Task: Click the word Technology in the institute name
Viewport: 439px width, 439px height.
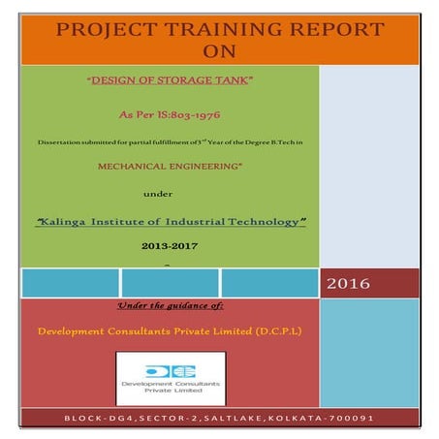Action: pyautogui.click(x=264, y=222)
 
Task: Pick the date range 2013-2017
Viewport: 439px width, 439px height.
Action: pyautogui.click(x=170, y=248)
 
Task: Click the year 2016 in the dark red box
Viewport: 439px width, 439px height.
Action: pyautogui.click(x=351, y=284)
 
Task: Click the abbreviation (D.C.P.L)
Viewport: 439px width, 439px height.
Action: pyautogui.click(x=278, y=330)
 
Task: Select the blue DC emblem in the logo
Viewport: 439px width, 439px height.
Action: pyautogui.click(x=170, y=370)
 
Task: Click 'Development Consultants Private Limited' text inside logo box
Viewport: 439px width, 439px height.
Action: pyautogui.click(x=170, y=389)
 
